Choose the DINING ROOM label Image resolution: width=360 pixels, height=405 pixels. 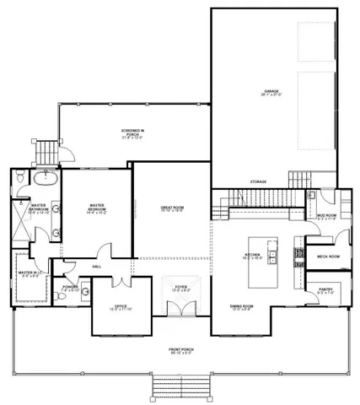click(x=243, y=307)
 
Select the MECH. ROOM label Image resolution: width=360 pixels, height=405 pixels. click(x=327, y=256)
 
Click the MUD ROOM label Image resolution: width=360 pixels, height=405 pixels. click(x=327, y=216)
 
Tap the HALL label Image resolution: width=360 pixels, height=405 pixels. click(x=97, y=267)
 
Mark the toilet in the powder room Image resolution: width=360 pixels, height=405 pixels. click(x=85, y=293)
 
